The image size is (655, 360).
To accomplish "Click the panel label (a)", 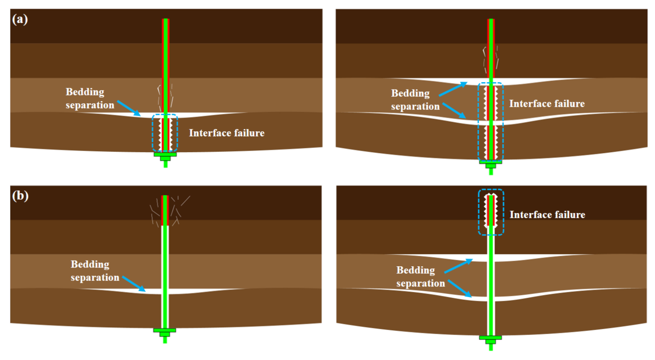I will tap(20, 19).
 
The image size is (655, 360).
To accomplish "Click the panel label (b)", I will tap(20, 196).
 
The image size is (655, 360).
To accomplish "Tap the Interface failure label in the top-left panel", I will tap(227, 133).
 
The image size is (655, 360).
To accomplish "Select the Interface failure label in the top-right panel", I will tap(546, 104).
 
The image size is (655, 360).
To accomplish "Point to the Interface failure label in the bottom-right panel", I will tap(547, 215).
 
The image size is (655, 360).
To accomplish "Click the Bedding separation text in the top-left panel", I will tap(89, 99).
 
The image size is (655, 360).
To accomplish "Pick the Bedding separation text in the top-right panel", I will tap(415, 100).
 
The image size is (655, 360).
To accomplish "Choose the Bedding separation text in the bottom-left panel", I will tap(95, 271).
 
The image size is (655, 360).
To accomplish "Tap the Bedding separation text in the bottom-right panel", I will tap(420, 277).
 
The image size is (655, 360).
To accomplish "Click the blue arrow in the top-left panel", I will tap(129, 108).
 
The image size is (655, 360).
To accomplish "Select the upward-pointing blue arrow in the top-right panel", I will tap(453, 89).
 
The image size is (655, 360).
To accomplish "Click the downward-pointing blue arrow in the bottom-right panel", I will tap(460, 288).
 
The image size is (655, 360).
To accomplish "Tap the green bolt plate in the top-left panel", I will tap(165, 154).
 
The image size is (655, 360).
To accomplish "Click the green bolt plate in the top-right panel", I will tap(491, 162).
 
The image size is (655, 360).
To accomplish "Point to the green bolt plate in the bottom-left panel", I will tap(165, 331).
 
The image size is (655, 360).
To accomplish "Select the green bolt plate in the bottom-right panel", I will tap(490, 338).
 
